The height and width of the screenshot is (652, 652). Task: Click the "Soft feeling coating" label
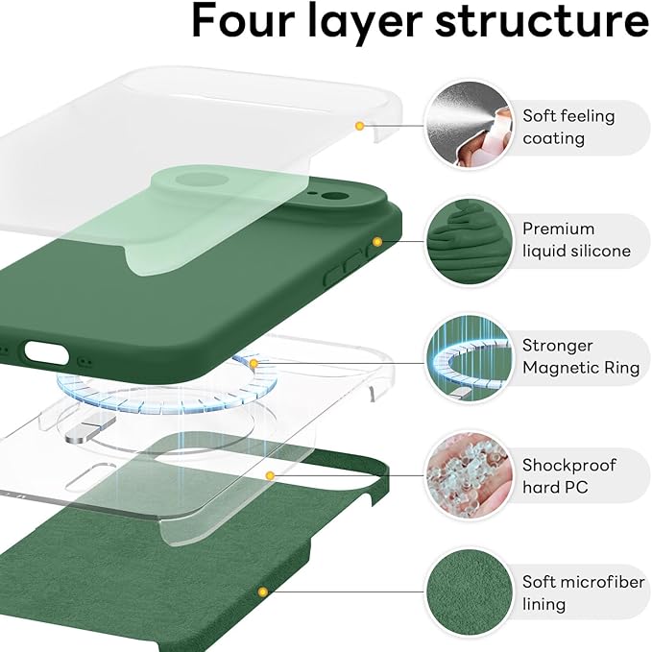point(567,127)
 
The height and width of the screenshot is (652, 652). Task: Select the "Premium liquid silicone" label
point(576,240)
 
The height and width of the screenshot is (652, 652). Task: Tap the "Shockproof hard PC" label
point(569,476)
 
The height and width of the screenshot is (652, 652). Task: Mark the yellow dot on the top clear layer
point(359,125)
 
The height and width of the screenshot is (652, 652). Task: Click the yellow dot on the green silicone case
point(377,242)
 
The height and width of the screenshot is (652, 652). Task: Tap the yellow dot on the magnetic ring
point(254,363)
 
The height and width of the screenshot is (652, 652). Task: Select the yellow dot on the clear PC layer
point(271,474)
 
